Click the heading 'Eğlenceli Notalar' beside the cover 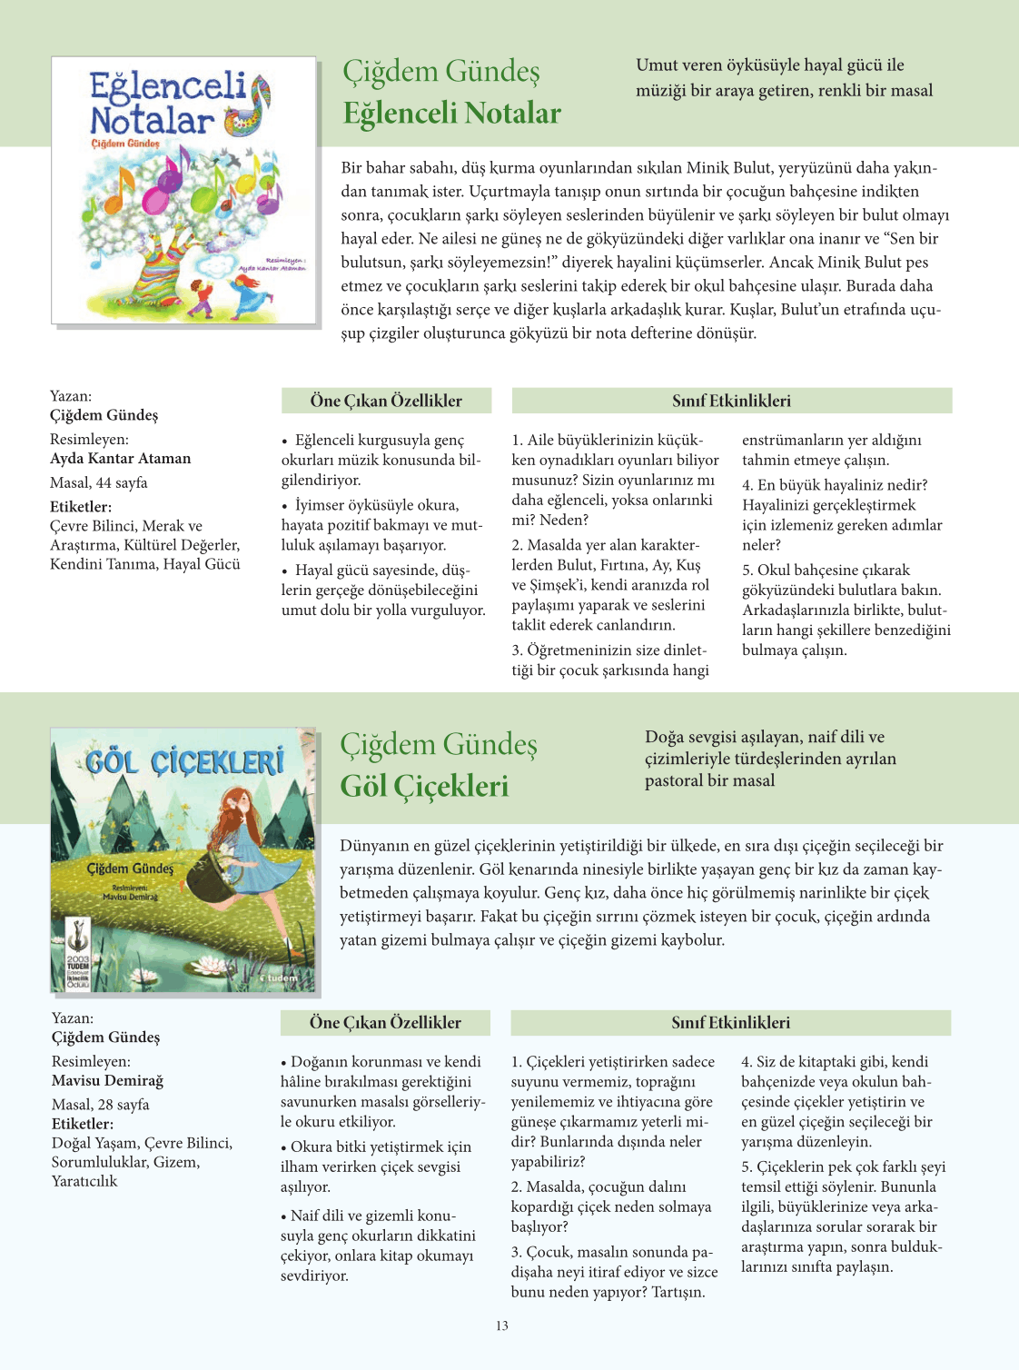[451, 114]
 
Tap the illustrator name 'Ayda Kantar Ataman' [120, 459]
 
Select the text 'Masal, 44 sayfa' [99, 482]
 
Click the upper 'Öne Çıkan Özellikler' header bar [386, 401]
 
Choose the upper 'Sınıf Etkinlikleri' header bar [731, 401]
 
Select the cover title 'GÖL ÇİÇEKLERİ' [184, 761]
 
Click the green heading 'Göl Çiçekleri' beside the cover [424, 787]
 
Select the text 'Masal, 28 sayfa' [100, 1105]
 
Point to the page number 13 [502, 1325]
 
